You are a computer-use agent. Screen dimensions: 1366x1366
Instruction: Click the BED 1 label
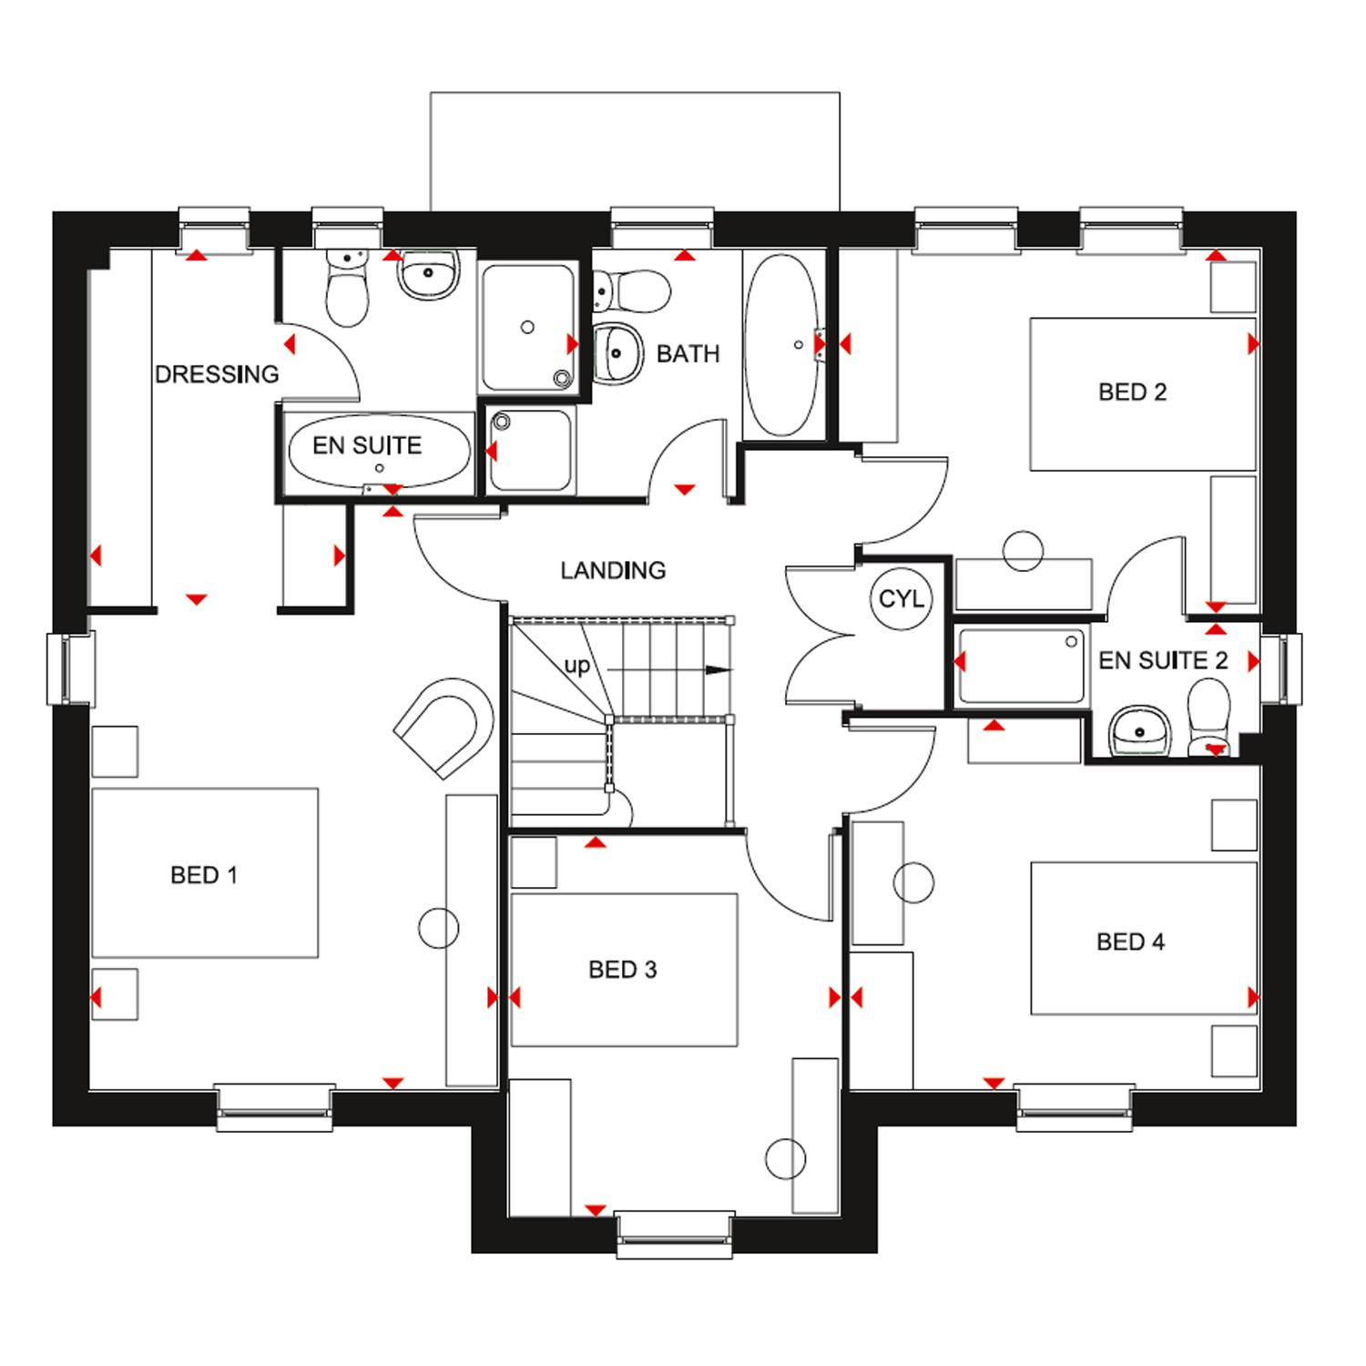coord(204,875)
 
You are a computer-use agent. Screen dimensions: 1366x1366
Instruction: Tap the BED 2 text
coord(1132,392)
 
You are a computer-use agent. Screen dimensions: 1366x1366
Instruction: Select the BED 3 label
coord(623,970)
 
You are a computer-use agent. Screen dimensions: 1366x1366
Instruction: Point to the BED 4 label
coord(1130,942)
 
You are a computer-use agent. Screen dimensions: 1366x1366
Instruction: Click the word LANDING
coord(613,571)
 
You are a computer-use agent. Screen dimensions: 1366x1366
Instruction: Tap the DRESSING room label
coord(217,374)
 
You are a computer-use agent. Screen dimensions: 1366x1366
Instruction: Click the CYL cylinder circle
coord(901,598)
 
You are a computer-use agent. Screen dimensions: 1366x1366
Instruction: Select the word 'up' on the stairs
coord(577,666)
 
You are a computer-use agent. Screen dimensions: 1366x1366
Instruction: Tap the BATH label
coord(688,353)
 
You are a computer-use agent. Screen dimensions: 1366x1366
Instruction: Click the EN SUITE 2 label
coord(1163,660)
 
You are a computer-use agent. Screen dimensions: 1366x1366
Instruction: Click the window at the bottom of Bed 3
coord(675,1234)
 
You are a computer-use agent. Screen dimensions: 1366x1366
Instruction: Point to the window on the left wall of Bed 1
coord(70,668)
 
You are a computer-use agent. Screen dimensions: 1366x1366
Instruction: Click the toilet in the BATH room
coord(632,291)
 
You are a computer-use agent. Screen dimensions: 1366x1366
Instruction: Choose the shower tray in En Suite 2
coord(1022,665)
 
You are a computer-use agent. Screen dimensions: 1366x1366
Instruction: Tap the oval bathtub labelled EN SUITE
coord(379,450)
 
